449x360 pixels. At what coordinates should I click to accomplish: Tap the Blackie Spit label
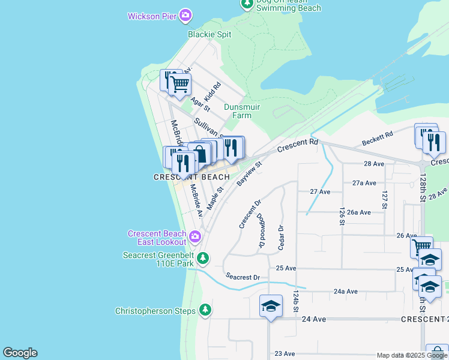tap(209, 34)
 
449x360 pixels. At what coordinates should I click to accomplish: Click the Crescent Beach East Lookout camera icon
tap(194, 237)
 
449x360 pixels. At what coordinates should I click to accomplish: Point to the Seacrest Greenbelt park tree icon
tap(203, 258)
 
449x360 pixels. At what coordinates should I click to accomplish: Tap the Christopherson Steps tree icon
tap(205, 310)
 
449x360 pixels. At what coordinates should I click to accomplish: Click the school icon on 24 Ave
tap(270, 306)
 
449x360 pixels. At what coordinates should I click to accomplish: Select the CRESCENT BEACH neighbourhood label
tap(191, 177)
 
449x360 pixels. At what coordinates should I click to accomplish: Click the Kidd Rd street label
tap(212, 91)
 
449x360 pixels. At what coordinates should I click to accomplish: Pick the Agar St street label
tap(200, 105)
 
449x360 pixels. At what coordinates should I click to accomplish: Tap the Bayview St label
tap(250, 173)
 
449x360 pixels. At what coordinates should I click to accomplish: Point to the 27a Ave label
tap(364, 183)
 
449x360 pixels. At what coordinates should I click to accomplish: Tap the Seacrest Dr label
tap(243, 277)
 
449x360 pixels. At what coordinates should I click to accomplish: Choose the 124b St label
tap(296, 302)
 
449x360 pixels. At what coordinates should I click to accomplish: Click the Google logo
tap(20, 353)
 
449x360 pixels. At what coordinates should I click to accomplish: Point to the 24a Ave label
tap(345, 292)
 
